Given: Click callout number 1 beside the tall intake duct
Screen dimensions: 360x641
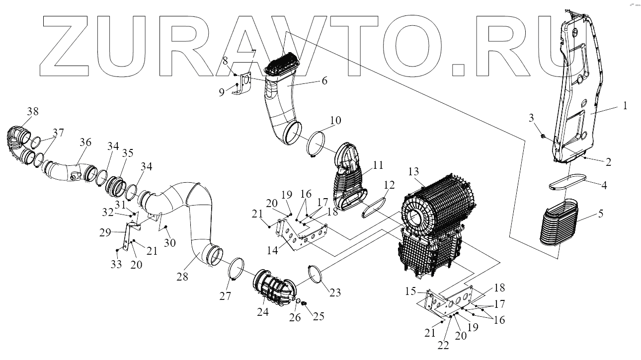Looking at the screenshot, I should pos(625,105).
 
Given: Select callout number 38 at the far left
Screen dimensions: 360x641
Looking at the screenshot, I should pos(33,111).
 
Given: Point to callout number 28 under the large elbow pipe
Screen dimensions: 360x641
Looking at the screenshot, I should pos(182,277).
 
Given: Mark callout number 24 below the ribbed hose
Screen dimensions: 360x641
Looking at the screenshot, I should pos(262,312).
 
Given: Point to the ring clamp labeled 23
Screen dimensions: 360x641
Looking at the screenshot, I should pos(318,277).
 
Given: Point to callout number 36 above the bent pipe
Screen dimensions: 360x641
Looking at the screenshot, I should pos(85,142).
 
